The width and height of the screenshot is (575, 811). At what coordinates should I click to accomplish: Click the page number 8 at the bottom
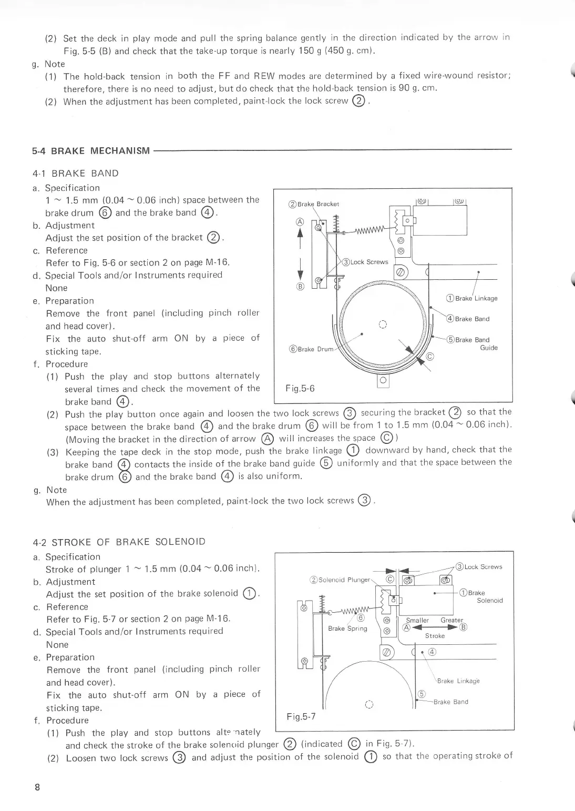(x=37, y=787)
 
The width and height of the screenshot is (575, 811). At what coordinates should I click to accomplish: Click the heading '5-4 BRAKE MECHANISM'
(x=90, y=151)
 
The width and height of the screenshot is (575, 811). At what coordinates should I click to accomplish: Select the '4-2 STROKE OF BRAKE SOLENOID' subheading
(x=119, y=542)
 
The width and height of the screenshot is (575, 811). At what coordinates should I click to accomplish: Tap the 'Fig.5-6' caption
(x=300, y=389)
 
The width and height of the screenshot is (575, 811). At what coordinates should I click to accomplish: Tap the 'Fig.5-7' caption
(x=301, y=716)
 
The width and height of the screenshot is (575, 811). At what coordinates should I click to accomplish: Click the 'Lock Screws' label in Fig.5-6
(x=365, y=262)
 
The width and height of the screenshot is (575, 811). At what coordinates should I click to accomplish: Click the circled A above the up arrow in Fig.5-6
(x=300, y=221)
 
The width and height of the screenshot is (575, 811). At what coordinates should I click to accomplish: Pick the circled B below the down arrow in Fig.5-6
(x=300, y=287)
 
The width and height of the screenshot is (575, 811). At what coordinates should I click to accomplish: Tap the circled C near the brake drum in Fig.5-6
(x=430, y=357)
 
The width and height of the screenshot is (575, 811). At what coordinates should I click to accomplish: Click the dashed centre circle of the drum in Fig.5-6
(x=383, y=323)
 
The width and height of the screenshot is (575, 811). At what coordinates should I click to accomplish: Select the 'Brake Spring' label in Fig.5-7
(x=347, y=628)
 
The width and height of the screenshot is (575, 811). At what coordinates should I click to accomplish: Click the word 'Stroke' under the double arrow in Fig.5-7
(x=435, y=636)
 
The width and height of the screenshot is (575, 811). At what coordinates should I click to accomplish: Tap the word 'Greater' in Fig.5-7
(x=452, y=620)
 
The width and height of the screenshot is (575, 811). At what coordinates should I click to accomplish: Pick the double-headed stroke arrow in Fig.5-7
(x=435, y=627)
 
